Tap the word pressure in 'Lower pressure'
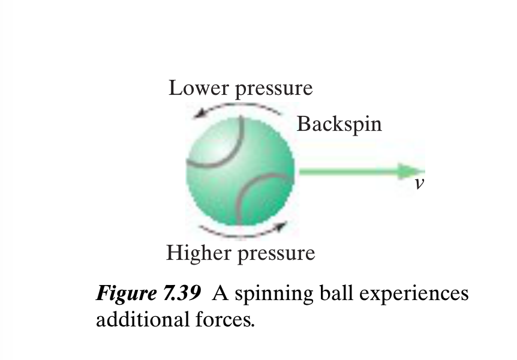coord(273,89)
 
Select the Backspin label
coord(339,124)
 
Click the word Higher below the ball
coord(198,253)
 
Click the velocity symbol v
coord(419,184)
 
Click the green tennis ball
coord(240,171)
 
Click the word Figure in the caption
coord(122,295)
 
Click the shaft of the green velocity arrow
coord(348,172)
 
